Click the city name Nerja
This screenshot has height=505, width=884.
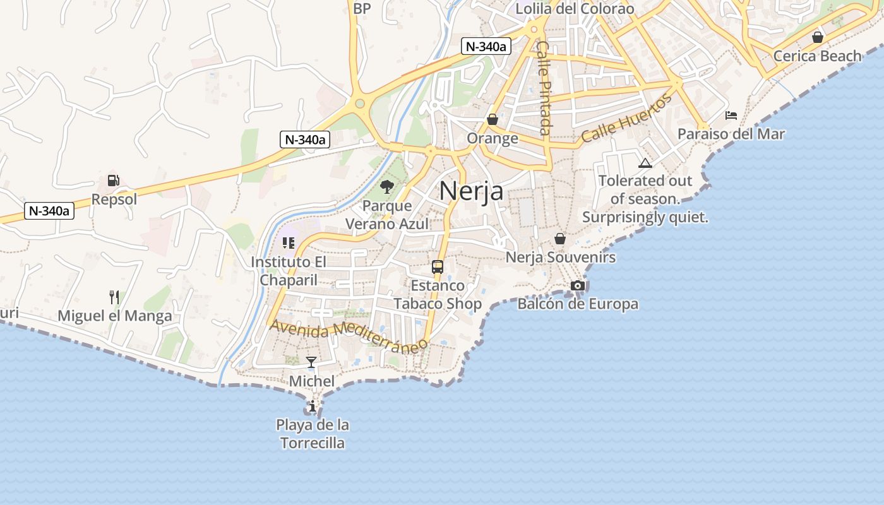(471, 191)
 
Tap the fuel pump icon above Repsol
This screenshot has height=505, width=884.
(114, 181)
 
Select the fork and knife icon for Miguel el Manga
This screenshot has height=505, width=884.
(114, 297)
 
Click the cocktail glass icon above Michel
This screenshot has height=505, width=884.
(311, 362)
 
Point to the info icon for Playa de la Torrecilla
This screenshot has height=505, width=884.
(313, 406)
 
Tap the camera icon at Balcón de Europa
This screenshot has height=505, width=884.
(577, 285)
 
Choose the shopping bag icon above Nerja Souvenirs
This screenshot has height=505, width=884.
(560, 239)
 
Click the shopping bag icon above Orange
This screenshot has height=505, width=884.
(493, 119)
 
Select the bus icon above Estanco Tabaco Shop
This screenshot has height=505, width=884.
(437, 266)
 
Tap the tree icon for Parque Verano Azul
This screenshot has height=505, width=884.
(386, 187)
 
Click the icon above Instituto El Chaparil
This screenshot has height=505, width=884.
(289, 243)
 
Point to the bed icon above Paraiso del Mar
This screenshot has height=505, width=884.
(731, 116)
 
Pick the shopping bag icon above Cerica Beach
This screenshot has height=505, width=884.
(818, 37)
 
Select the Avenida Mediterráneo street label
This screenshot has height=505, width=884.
(349, 336)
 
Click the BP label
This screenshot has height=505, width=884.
(362, 8)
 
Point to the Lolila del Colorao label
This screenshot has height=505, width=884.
(575, 9)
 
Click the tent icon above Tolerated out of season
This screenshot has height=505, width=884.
(645, 163)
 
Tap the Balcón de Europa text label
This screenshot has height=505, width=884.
(578, 304)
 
